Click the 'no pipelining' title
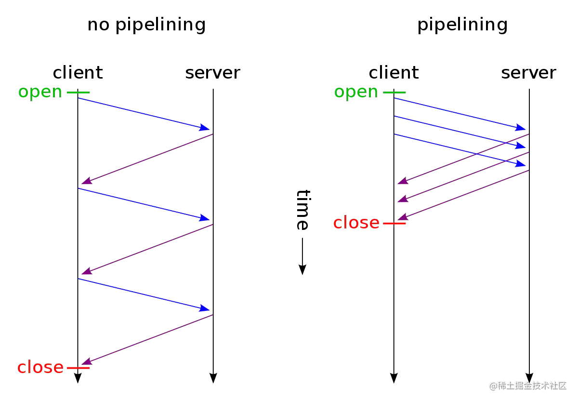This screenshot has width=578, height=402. tap(146, 25)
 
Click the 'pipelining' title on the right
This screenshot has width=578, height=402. tap(462, 25)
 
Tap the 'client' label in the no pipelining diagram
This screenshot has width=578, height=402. tap(78, 73)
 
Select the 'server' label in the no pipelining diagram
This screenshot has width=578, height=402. tap(212, 73)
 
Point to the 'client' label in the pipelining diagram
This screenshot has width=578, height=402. tap(394, 73)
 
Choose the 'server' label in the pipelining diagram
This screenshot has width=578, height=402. tap(529, 73)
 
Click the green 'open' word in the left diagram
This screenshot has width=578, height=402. tap(40, 93)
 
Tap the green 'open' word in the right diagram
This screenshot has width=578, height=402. tap(356, 93)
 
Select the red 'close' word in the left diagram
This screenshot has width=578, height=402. tap(40, 367)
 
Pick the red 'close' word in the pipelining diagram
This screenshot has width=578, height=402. tap(356, 223)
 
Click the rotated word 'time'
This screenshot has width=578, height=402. tap(303, 210)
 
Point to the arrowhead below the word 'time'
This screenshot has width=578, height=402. tap(302, 270)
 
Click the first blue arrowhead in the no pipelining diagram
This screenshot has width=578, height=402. tap(204, 128)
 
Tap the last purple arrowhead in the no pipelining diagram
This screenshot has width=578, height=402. tap(87, 362)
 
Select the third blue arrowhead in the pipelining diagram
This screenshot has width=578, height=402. tap(521, 164)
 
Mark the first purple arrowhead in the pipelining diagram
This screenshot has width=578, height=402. tap(403, 181)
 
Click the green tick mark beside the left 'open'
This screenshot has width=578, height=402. tap(78, 92)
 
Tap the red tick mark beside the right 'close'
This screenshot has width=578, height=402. tap(394, 223)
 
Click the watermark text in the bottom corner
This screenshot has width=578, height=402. tap(528, 386)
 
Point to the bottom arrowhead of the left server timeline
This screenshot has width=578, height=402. tap(213, 378)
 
